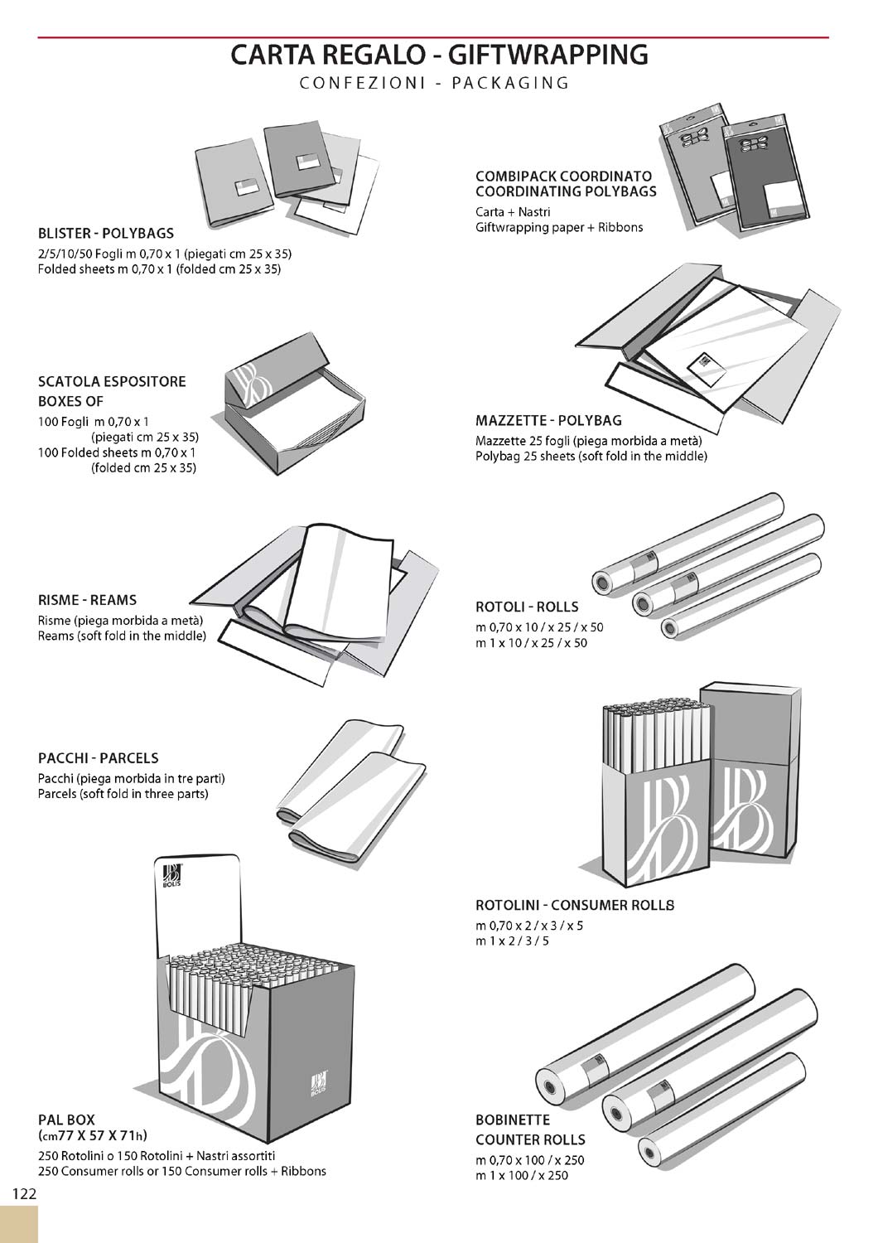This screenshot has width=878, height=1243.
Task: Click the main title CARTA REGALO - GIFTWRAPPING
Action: click(439, 55)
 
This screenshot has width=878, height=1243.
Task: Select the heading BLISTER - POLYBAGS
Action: click(106, 233)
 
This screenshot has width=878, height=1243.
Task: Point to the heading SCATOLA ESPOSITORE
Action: click(112, 382)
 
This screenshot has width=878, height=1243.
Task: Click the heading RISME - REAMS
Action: click(87, 600)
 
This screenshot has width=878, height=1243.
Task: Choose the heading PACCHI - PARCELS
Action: click(98, 757)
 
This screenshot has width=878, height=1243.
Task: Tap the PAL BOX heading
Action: click(66, 1120)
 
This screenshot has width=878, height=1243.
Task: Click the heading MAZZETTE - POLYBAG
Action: click(548, 420)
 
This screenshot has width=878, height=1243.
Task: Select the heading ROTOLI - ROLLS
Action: click(527, 607)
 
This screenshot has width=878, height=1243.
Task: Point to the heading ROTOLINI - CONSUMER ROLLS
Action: click(575, 905)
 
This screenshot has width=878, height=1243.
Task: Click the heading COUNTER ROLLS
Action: click(530, 1139)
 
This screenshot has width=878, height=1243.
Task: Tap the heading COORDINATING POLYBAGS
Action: click(566, 191)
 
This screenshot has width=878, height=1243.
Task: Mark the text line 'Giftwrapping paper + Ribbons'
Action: click(559, 227)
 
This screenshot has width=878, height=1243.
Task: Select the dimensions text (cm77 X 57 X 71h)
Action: click(93, 1135)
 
